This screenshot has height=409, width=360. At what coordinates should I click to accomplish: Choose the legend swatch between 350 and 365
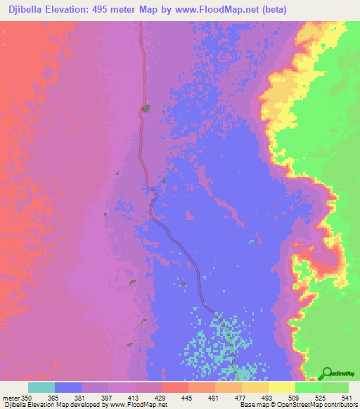click(41, 387)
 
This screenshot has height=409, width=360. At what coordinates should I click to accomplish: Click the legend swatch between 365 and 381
click(68, 387)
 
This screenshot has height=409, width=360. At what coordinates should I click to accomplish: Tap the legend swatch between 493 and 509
click(282, 387)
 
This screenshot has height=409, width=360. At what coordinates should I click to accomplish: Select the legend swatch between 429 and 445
click(175, 387)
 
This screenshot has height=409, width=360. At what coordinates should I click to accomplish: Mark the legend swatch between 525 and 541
click(335, 387)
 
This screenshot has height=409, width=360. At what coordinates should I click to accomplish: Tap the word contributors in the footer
click(339, 405)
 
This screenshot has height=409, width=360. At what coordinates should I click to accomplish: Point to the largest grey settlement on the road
click(146, 108)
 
